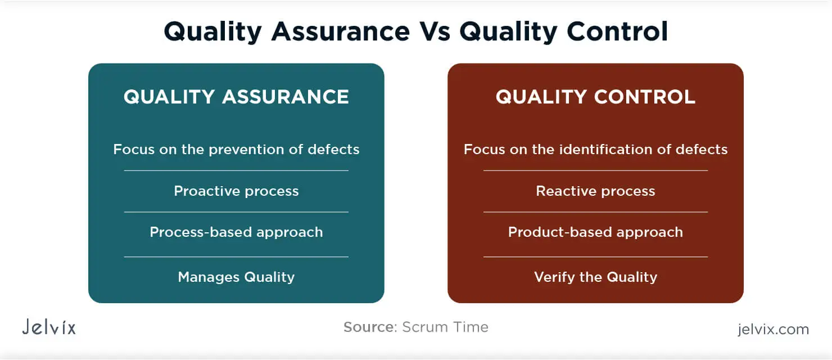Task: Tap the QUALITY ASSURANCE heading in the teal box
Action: point(236,97)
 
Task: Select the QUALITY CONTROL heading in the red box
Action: point(595,97)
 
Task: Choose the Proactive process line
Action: point(236,191)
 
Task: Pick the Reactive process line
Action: point(595,191)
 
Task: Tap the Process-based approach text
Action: point(236,232)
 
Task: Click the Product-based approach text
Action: point(595,232)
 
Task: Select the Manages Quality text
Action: point(236,277)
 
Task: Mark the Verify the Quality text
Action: point(595,277)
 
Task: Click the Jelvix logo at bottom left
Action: point(49,327)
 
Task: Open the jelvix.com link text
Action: point(773,329)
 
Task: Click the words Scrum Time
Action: point(445,327)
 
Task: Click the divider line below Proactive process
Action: point(236,212)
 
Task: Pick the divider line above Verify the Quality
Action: point(595,256)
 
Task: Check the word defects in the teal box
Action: point(333,150)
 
